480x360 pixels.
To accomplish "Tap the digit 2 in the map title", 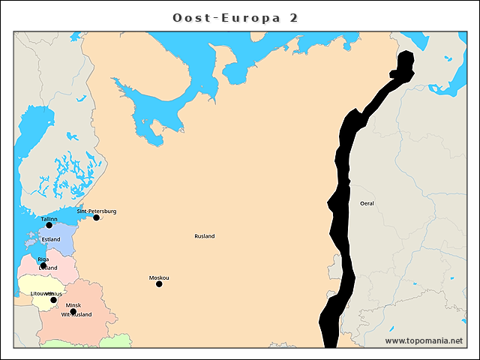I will pyautogui.click(x=293, y=17).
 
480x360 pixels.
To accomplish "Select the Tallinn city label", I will pyautogui.click(x=49, y=218).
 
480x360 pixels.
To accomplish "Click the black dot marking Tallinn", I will pyautogui.click(x=49, y=225).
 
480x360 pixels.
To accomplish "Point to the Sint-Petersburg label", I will pyautogui.click(x=97, y=211).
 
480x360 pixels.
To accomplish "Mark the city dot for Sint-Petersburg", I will pyautogui.click(x=96, y=217).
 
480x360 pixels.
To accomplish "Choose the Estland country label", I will pyautogui.click(x=51, y=239).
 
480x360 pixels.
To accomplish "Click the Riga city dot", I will pyautogui.click(x=43, y=265).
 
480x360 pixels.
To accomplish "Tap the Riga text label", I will pyautogui.click(x=43, y=259).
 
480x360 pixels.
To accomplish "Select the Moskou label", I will pyautogui.click(x=159, y=277).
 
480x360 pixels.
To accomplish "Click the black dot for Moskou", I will pyautogui.click(x=159, y=283).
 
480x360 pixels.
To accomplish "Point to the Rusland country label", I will pyautogui.click(x=205, y=236).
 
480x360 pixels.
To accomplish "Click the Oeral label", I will pyautogui.click(x=367, y=203).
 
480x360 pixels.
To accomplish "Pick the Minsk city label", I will pyautogui.click(x=73, y=305).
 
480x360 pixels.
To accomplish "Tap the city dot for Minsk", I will pyautogui.click(x=73, y=311).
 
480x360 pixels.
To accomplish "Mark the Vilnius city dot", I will pyautogui.click(x=53, y=300).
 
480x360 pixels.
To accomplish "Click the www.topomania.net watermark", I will pyautogui.click(x=424, y=340).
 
